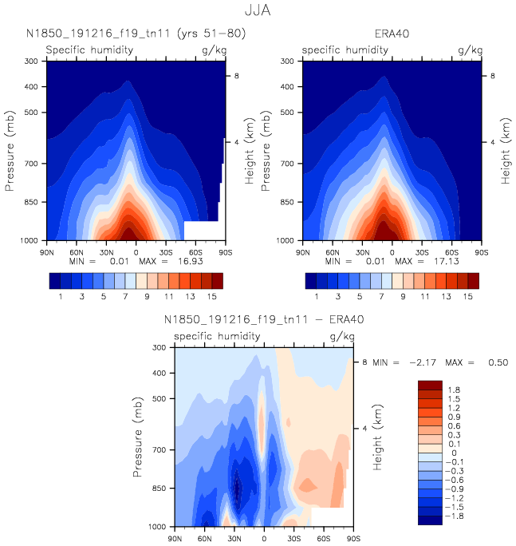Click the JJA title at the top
point(258,11)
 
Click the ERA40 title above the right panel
point(392,34)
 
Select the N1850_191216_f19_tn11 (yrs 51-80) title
point(136,34)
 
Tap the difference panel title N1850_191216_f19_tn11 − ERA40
point(263,319)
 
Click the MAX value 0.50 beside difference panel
point(497,362)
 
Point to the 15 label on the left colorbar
point(211,296)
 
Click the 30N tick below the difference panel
point(234,539)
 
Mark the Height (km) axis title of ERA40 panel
point(506,151)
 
